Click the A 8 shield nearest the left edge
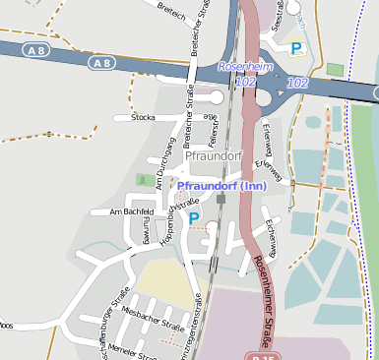point(36,50)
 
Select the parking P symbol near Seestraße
point(296,47)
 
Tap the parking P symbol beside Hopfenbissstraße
point(194,218)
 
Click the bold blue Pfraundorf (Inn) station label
point(221,185)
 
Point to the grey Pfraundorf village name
point(213,155)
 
